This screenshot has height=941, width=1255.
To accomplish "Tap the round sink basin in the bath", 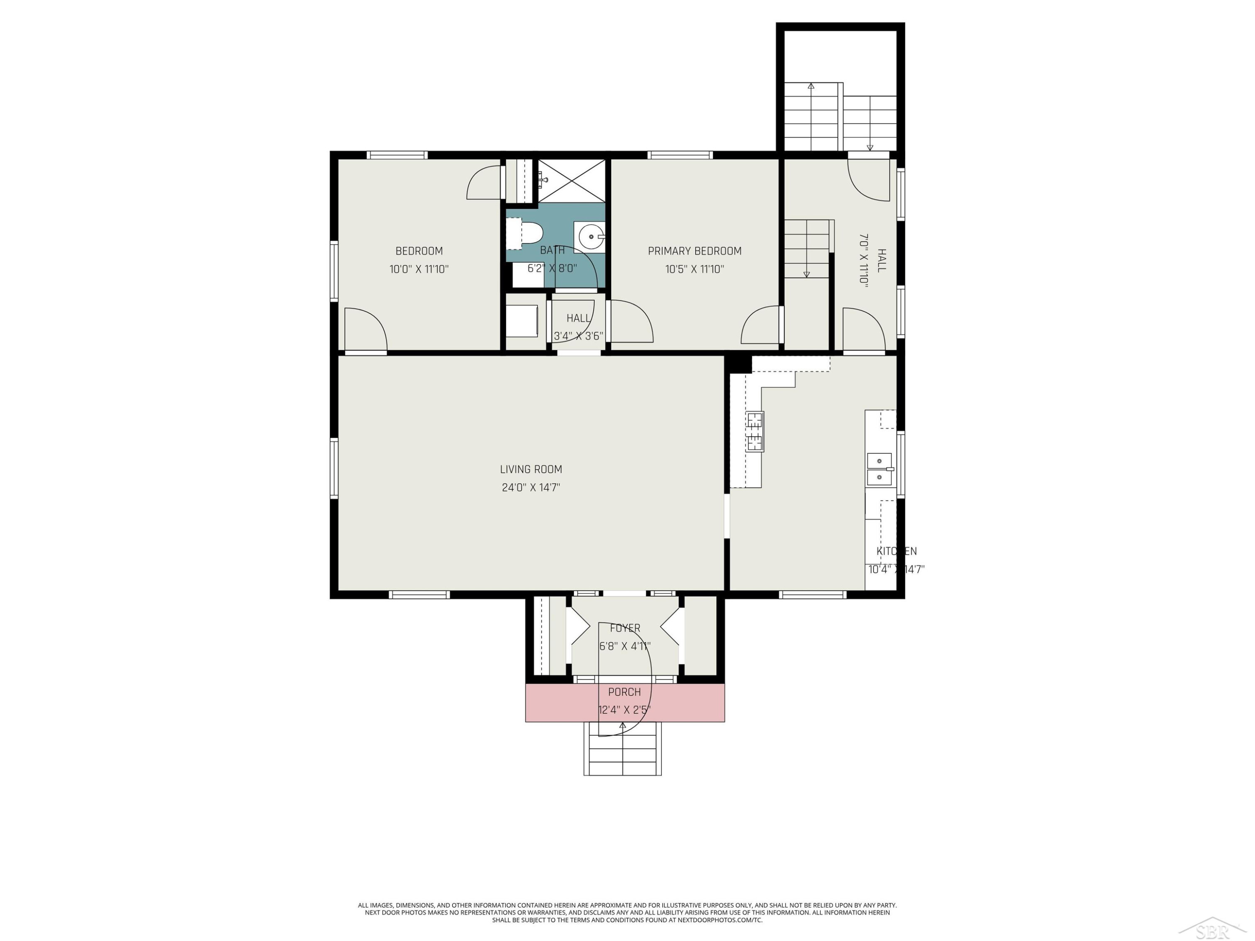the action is (x=591, y=237).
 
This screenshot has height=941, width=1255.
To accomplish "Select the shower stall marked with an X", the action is (x=571, y=180).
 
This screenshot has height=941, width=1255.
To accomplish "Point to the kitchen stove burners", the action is (x=755, y=431).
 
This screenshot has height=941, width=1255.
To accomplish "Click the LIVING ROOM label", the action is (x=531, y=469).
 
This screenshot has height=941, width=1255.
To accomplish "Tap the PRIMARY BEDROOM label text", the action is (x=694, y=251).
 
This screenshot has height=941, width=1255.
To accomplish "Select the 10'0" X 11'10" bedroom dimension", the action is (x=419, y=269).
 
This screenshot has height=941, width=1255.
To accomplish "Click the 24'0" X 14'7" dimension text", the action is (x=531, y=487).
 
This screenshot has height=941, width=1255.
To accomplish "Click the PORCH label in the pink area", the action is (x=624, y=692).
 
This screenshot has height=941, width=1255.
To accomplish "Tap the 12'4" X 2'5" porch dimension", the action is (x=624, y=710).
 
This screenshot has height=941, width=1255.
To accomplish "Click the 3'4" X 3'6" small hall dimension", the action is (x=578, y=336).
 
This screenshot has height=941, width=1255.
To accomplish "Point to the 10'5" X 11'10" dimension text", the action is (x=694, y=269).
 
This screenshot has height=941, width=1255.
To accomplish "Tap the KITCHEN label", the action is (x=896, y=551).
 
